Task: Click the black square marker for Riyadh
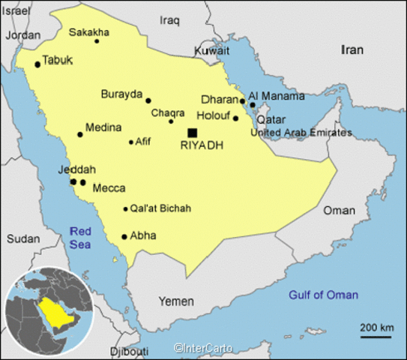click(193, 133)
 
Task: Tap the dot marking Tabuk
click(37, 64)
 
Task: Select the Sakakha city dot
click(97, 40)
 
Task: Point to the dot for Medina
click(80, 135)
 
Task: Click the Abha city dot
click(124, 236)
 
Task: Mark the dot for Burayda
click(148, 100)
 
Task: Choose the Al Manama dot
click(253, 104)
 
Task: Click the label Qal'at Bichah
click(160, 208)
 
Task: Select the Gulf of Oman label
click(324, 294)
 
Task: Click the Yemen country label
click(176, 301)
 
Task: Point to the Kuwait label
click(212, 50)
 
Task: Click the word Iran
click(352, 50)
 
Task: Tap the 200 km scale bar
click(376, 336)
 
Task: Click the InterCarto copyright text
click(202, 348)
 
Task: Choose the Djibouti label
click(130, 350)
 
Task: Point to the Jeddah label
click(76, 170)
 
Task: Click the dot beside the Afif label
click(131, 142)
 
